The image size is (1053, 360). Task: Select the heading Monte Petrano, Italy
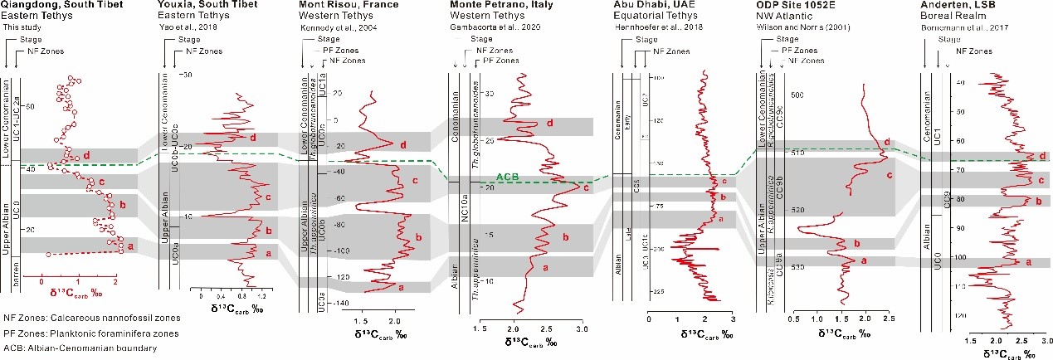click(501, 5)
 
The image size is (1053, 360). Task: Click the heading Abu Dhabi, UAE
click(648, 5)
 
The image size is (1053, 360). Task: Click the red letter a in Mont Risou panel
click(401, 288)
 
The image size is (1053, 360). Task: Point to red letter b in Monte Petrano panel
click(565, 238)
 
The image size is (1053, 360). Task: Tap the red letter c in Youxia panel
click(268, 197)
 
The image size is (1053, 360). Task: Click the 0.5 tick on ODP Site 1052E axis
click(794, 318)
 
